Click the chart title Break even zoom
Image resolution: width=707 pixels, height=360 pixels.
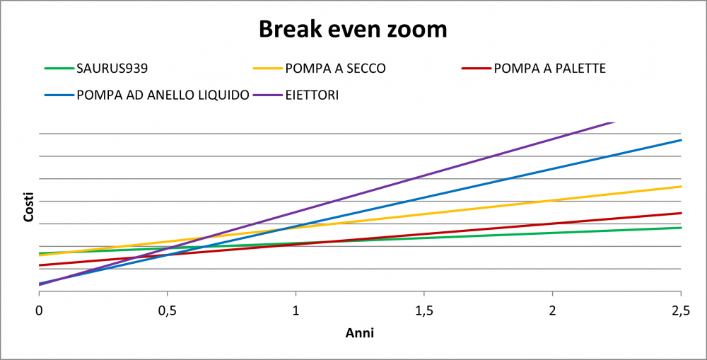(x=353, y=29)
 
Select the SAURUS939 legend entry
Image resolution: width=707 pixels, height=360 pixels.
(x=96, y=69)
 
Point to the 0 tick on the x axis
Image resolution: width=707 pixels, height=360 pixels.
(x=39, y=312)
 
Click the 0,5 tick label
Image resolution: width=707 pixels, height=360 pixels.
(x=168, y=312)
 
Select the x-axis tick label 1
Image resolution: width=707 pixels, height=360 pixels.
(x=296, y=312)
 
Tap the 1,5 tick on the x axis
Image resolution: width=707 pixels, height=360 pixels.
(x=423, y=312)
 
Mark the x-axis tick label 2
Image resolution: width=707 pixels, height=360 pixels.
(x=552, y=312)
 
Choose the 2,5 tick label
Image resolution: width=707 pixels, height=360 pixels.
(x=680, y=312)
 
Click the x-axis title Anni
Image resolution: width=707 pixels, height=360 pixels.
(x=360, y=333)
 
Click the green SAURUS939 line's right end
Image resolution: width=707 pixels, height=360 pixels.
(x=682, y=227)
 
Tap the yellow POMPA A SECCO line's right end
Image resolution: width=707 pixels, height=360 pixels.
(x=682, y=186)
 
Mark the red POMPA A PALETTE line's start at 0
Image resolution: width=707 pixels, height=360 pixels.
(x=39, y=265)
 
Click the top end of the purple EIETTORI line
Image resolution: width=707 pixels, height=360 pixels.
(x=614, y=122)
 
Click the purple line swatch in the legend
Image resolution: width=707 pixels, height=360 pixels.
(x=267, y=95)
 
